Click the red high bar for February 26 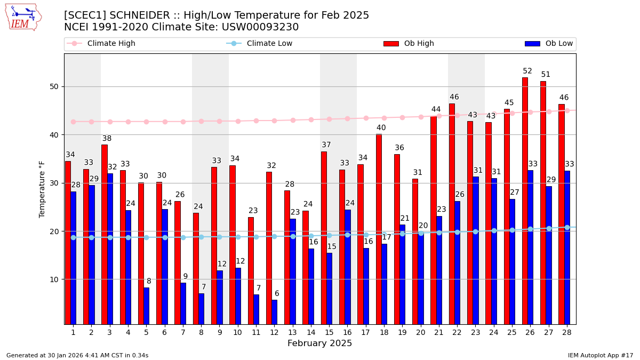[525, 201]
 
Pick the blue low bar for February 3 [110, 249]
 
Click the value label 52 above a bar [527, 71]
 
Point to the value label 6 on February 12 [277, 293]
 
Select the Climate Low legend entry [259, 44]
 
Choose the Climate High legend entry [101, 44]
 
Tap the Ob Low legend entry [549, 44]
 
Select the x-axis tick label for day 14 [310, 332]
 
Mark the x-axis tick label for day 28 [566, 332]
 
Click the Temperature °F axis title [42, 189]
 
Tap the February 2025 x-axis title [319, 343]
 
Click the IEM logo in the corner [23, 17]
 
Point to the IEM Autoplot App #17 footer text [600, 355]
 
